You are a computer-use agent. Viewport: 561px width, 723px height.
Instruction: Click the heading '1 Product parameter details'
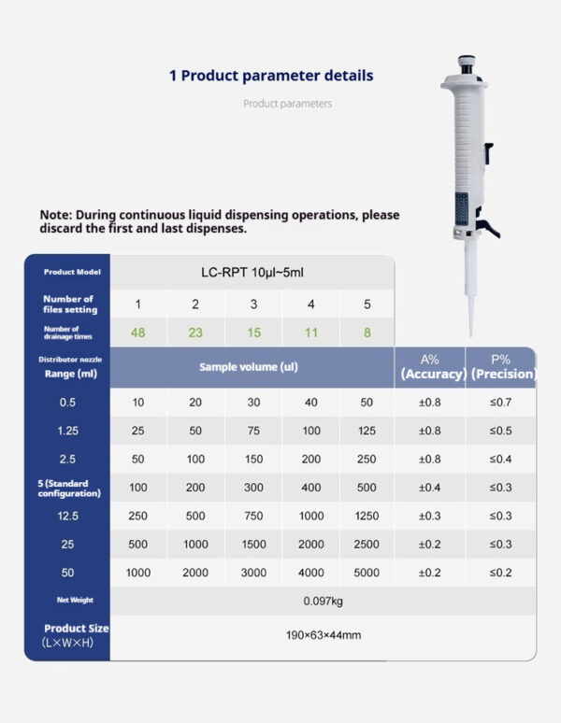(271, 76)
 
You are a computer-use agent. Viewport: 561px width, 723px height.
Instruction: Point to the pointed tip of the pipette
(472, 333)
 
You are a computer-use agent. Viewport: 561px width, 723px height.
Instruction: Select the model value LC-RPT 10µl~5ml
(252, 272)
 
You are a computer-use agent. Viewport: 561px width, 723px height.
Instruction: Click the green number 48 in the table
(138, 333)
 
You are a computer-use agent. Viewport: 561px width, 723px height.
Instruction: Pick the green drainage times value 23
(195, 333)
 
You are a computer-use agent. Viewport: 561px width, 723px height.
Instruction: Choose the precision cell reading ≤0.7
(501, 403)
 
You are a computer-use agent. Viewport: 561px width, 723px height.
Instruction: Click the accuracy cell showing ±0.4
(430, 488)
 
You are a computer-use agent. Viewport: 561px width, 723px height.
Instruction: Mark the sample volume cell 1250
(367, 517)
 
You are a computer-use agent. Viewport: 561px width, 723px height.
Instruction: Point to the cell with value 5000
(367, 574)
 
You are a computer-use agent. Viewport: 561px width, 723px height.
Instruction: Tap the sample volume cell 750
(253, 517)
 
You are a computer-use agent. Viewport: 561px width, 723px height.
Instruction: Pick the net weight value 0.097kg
(323, 601)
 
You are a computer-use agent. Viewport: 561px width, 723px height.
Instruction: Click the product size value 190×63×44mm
(323, 635)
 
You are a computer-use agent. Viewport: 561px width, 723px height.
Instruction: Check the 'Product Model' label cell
(67, 272)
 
